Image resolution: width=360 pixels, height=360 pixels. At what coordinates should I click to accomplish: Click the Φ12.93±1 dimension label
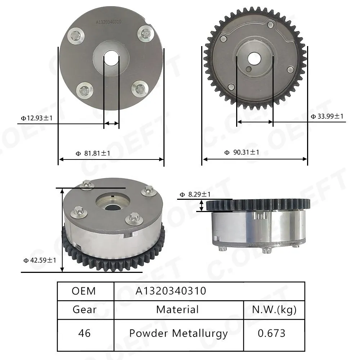[37, 118]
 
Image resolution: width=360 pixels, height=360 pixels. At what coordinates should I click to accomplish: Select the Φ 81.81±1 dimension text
[93, 153]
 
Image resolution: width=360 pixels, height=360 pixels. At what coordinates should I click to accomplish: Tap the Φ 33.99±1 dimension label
[327, 116]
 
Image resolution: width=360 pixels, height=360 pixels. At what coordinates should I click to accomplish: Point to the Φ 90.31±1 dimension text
[242, 152]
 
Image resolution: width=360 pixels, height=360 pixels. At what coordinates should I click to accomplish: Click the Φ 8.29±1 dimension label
[195, 194]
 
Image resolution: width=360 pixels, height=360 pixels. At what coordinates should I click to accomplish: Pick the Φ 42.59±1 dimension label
[40, 260]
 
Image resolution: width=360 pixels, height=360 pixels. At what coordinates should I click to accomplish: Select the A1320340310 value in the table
[171, 291]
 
